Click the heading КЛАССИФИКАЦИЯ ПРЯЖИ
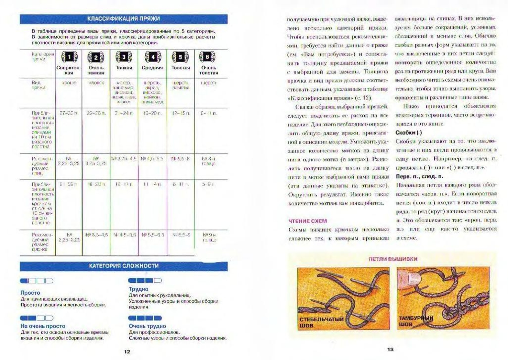coord(123,19)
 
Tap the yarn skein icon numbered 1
coord(69,57)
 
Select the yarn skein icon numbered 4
coord(153,57)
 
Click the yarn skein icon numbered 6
coord(208,57)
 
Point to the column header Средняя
coord(152,68)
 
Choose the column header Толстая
coord(180,68)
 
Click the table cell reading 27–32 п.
coord(68,113)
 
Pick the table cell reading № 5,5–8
coord(180,159)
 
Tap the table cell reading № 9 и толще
coord(208,237)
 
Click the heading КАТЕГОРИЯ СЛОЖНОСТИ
coord(123,266)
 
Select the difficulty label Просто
coord(30,293)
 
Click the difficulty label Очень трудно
coord(147,326)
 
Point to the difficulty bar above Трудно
coord(145,281)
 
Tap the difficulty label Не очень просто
coord(43,326)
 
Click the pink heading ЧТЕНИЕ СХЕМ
coord(308,221)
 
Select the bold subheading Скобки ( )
coord(408,133)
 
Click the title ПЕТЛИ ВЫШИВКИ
coord(393,259)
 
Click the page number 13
coord(390,349)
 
